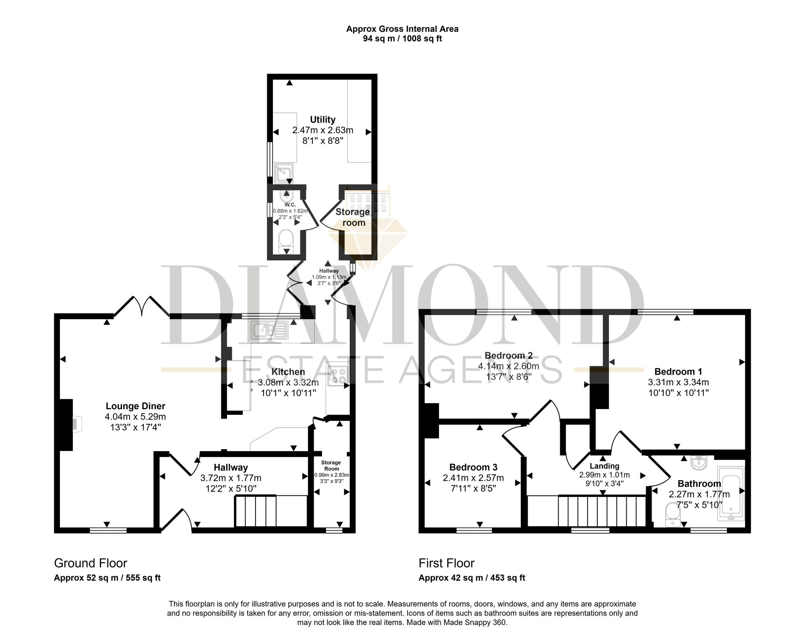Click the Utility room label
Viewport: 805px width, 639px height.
(x=322, y=120)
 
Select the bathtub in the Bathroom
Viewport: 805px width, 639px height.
(x=731, y=494)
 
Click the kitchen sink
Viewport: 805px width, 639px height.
(x=269, y=330)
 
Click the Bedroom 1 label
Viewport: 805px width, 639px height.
(x=678, y=371)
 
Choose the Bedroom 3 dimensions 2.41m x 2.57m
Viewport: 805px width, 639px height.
(x=473, y=478)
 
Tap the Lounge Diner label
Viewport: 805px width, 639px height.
(x=135, y=406)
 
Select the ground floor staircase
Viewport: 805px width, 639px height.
(x=271, y=511)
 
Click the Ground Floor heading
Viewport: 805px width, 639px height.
(x=91, y=563)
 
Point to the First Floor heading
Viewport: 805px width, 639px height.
(x=446, y=563)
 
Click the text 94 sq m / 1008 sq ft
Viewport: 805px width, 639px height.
(x=402, y=39)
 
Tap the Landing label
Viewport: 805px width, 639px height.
(x=604, y=466)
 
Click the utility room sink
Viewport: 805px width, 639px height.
(x=283, y=173)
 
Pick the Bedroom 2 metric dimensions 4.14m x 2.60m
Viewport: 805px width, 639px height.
(x=508, y=366)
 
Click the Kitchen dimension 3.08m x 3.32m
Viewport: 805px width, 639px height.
(x=288, y=382)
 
